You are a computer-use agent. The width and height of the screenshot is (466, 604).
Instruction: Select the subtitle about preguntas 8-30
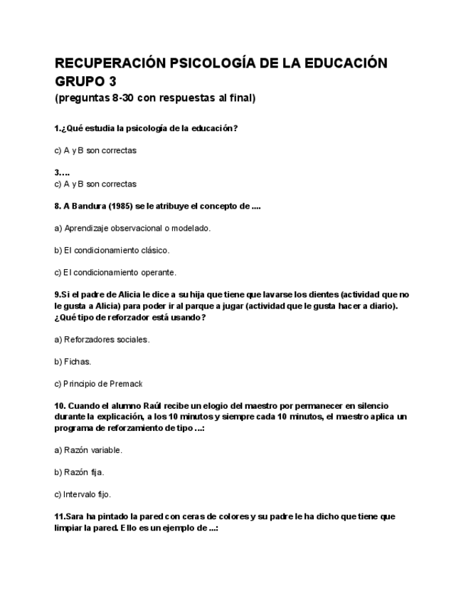[x=154, y=98]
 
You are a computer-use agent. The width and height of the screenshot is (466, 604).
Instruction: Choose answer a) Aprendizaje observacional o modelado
[x=132, y=228]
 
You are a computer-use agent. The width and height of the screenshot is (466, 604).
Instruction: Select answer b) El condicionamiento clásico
[x=112, y=250]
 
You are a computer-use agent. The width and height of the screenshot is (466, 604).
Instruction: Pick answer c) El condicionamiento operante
[x=115, y=272]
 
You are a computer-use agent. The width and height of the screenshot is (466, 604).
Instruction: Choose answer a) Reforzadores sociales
[x=102, y=339]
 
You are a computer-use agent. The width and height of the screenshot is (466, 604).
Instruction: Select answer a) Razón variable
[x=88, y=450]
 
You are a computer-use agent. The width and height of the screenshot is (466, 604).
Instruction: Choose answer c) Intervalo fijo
[x=83, y=494]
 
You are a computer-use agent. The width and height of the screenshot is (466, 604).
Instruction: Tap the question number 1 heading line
[x=146, y=129]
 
